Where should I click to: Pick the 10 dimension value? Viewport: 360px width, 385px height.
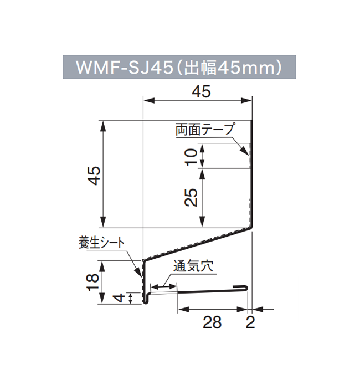point(191,156)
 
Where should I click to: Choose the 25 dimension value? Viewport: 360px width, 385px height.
point(191,198)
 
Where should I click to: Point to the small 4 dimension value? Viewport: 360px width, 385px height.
point(117,299)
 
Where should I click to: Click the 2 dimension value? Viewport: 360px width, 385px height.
point(250,321)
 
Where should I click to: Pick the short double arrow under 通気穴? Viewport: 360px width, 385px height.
point(164,286)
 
